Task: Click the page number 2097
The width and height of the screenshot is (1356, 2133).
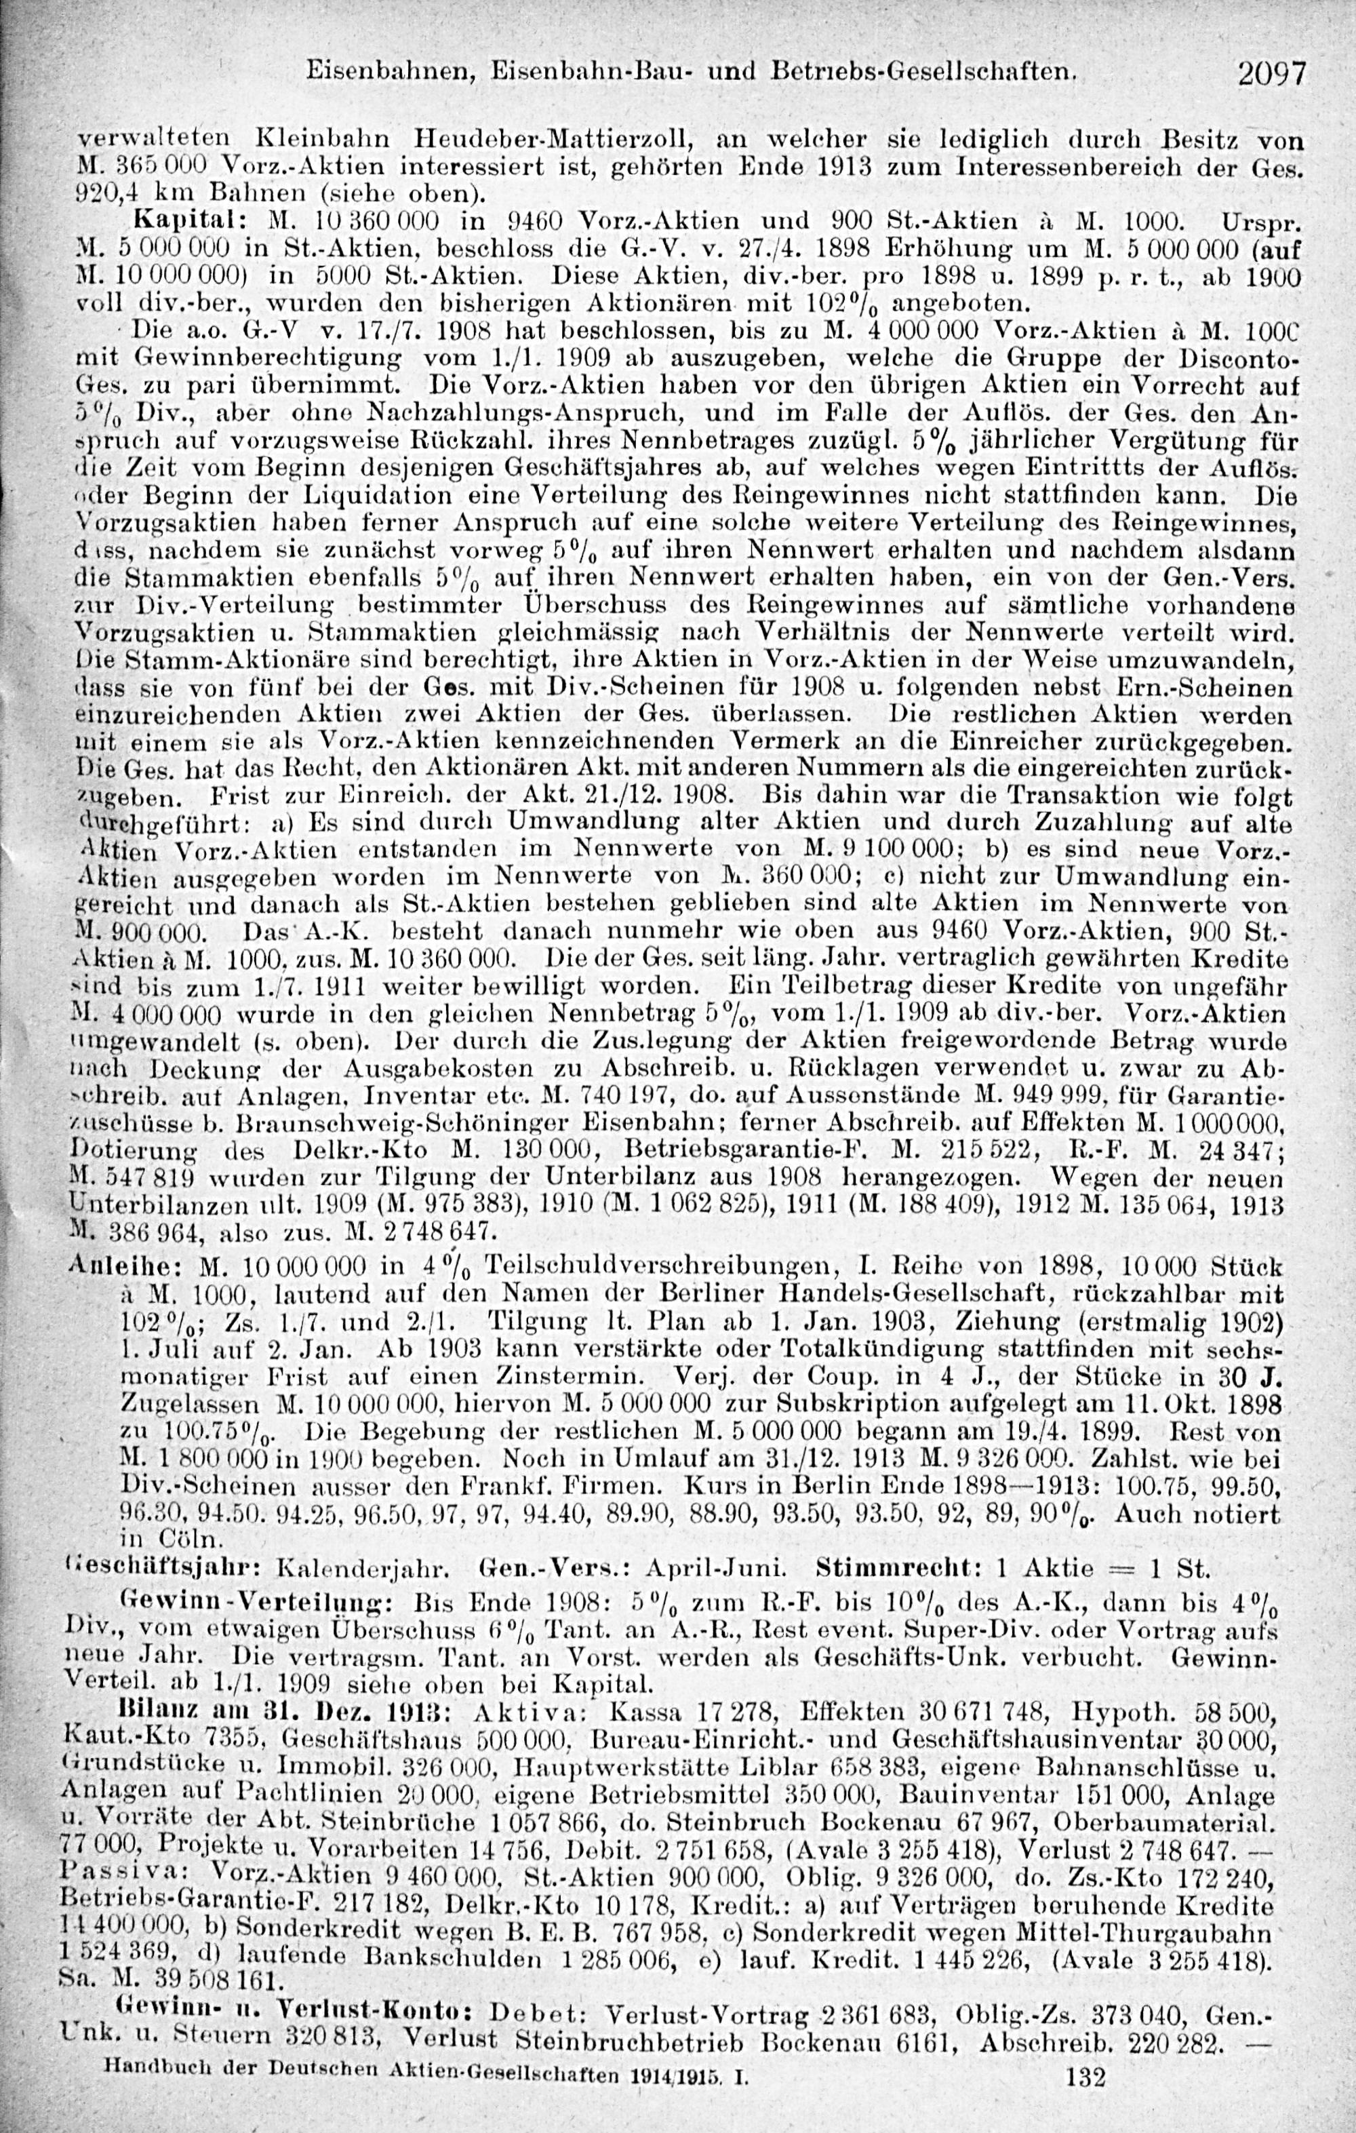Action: click(1272, 73)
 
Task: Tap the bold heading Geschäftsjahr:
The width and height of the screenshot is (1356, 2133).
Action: click(163, 1568)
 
